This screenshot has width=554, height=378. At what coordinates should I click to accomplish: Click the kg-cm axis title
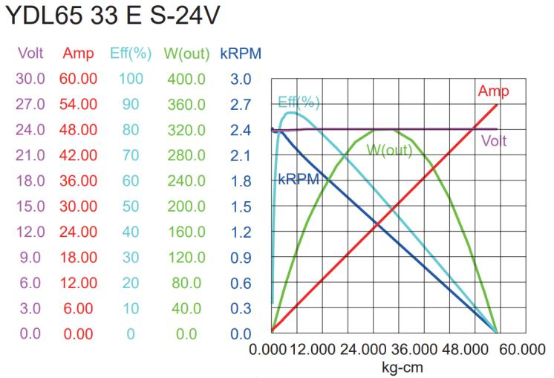point(398,365)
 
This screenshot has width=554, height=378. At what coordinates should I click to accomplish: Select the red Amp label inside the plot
point(493,91)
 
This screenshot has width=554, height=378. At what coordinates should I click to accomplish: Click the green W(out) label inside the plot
point(390,149)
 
